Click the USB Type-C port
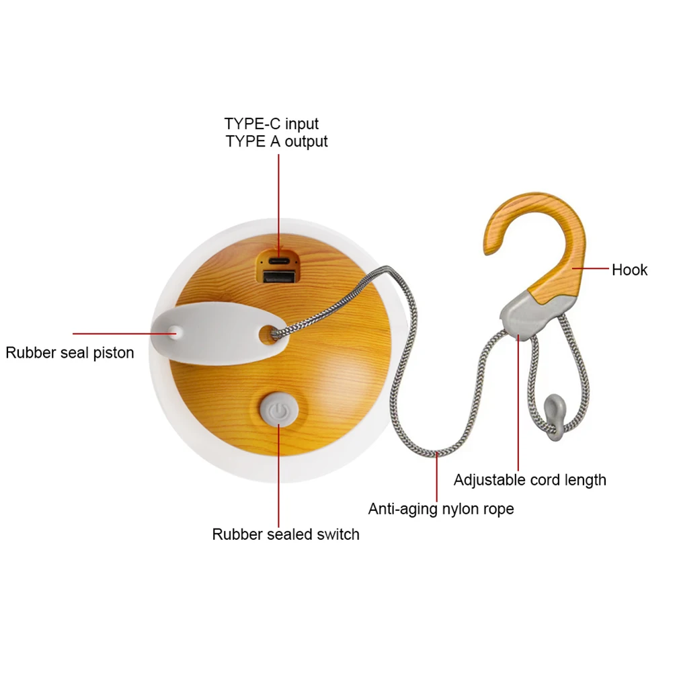[x=278, y=260]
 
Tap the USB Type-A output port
[x=277, y=275]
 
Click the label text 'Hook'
[x=629, y=270]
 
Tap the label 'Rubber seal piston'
[x=70, y=352]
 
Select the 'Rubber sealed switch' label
[x=286, y=535]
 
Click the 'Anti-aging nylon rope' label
[x=440, y=509]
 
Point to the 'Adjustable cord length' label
[x=530, y=480]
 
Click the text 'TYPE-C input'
[x=272, y=124]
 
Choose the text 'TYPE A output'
[x=277, y=142]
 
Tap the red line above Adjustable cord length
[x=518, y=403]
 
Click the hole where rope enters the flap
[x=274, y=331]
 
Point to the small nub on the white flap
[x=175, y=330]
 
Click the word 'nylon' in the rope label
[x=460, y=509]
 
